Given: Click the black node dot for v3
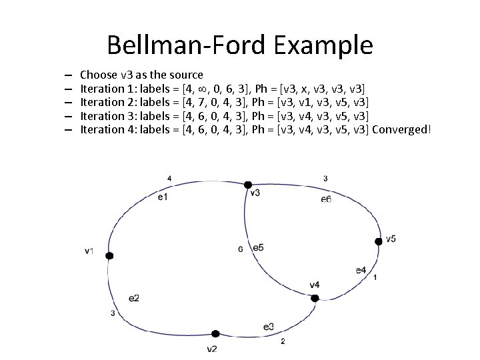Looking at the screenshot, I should (x=247, y=184).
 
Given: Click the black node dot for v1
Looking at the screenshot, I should (x=109, y=255).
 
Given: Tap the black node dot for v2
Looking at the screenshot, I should (x=215, y=334).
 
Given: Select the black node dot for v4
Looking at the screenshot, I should (x=315, y=298).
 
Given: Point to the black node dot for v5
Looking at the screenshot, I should (x=379, y=241).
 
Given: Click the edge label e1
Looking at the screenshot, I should (x=163, y=197).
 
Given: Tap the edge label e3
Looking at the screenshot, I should (x=269, y=326).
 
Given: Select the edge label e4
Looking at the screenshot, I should (x=361, y=269).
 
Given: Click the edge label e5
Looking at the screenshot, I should (x=258, y=247).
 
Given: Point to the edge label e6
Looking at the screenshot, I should (x=326, y=199).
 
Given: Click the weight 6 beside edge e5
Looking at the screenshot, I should (x=240, y=249).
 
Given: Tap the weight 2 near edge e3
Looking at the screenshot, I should (x=283, y=341).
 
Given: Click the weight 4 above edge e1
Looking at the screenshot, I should (x=169, y=179).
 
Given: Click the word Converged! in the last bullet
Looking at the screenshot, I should (x=402, y=129).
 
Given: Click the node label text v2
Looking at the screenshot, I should (x=212, y=349).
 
